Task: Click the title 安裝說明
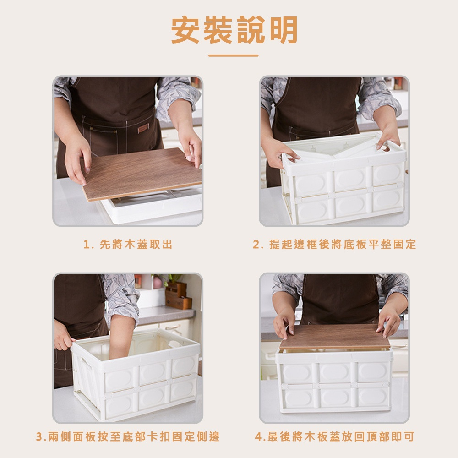coord(234,30)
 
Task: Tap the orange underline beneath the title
coord(234,55)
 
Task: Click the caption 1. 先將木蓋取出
coord(128,244)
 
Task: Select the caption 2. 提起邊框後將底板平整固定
coord(334,244)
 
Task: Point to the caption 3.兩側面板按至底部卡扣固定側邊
coord(128,436)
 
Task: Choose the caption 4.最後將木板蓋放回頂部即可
coord(334,436)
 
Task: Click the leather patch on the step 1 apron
coord(143,128)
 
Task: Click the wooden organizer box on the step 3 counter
coord(178,295)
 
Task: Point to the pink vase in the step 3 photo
coord(157,282)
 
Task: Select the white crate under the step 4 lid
coord(334,381)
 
